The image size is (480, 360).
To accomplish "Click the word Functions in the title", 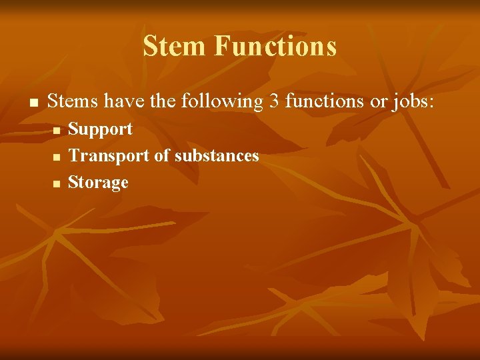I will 275,47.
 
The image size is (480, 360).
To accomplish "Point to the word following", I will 224,102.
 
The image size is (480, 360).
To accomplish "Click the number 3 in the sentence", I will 274,101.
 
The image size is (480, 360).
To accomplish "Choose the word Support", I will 101,129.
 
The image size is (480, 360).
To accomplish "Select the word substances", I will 217,156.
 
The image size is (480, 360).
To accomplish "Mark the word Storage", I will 99,182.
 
